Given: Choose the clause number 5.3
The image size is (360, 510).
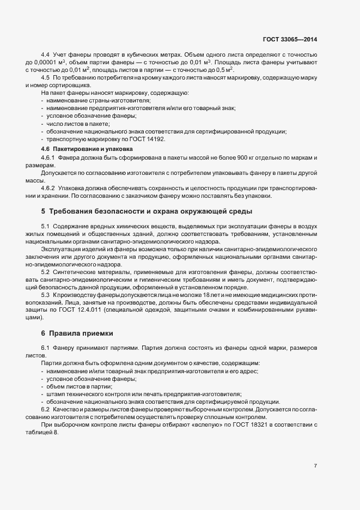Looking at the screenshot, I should coord(46,295).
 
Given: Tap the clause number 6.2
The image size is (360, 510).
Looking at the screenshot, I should coord(46,409).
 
